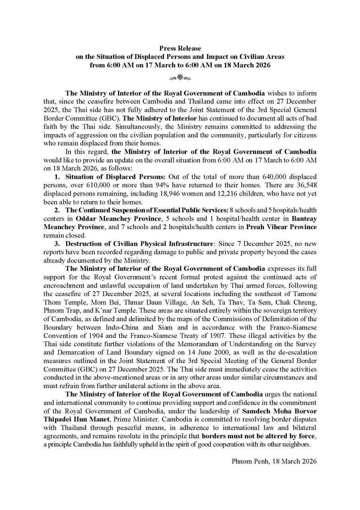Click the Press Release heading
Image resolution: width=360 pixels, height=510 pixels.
click(x=180, y=49)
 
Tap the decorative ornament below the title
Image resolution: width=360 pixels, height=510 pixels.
click(x=180, y=77)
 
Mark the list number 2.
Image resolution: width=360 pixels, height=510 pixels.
click(x=57, y=212)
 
